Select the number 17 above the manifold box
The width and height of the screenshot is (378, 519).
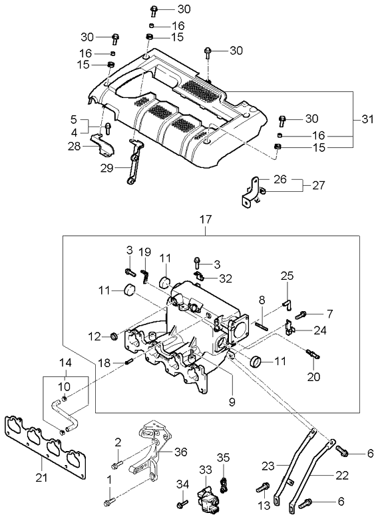click(204, 218)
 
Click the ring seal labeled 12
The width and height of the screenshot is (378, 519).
click(113, 336)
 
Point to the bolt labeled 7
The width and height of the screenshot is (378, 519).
click(301, 313)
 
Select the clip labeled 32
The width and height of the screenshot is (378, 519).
click(197, 274)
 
